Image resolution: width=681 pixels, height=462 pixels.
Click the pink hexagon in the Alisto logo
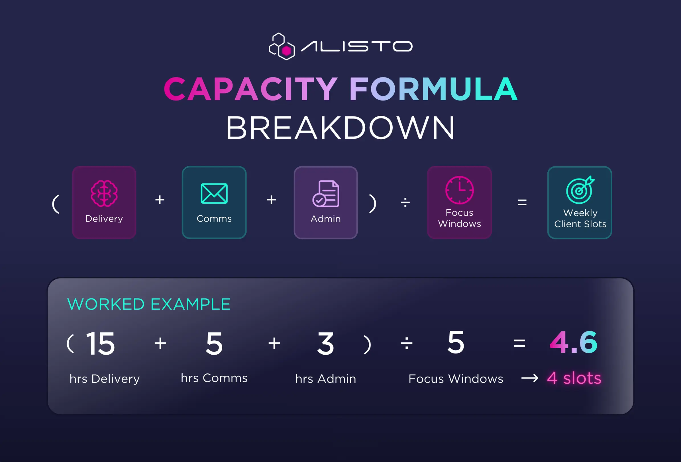286,51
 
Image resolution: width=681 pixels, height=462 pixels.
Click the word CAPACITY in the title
251,89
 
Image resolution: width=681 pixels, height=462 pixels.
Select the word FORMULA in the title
433,89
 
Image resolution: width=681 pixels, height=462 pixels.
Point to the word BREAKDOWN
341,128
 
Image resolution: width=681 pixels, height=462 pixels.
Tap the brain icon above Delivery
104,193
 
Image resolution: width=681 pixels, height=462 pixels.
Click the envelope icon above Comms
214,193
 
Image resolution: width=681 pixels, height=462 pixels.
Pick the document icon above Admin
326,194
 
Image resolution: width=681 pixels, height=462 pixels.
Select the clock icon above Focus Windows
460,190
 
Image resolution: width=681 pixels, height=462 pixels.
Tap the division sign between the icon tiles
405,202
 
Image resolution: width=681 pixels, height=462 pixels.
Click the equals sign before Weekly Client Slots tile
522,202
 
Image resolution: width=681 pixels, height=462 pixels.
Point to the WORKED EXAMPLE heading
149,304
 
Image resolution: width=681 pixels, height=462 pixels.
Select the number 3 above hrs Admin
326,343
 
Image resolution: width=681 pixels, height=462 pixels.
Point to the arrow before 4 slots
530,378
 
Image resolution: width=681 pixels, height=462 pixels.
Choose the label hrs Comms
214,378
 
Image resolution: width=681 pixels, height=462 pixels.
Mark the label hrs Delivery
105,379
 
